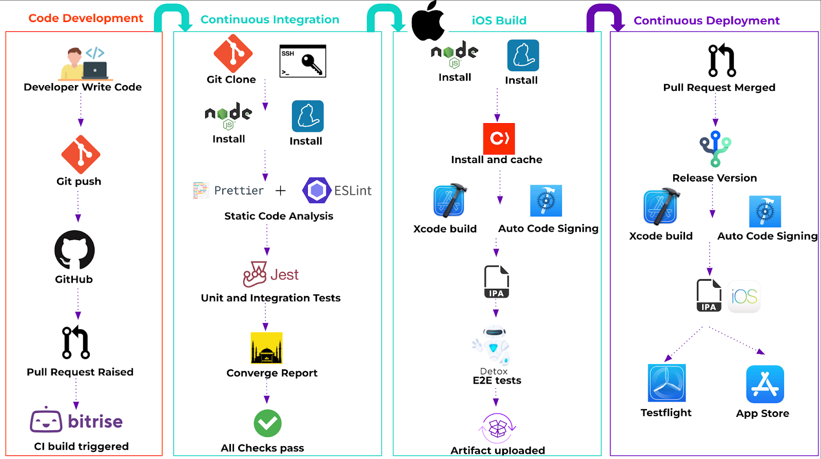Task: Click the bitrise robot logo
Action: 46,421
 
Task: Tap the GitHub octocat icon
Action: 75,250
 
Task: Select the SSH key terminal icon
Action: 303,61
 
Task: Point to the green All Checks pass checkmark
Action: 267,423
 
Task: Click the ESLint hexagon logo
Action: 317,191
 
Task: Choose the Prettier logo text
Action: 239,191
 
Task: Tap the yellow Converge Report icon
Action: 266,348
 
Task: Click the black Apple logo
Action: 428,22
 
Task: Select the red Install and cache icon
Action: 499,138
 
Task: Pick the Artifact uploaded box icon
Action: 497,428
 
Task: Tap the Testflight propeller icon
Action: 667,383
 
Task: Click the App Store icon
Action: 765,384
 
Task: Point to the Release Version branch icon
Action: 715,149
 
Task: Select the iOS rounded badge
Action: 744,296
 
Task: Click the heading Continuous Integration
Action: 270,19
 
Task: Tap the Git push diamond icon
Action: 81,154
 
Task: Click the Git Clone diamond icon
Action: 233,53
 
